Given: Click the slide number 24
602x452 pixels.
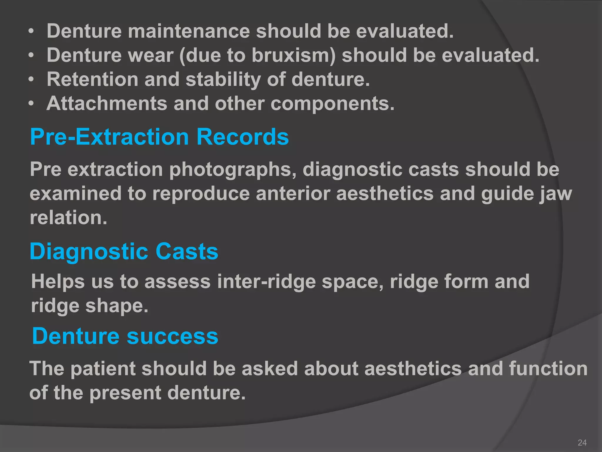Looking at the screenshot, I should point(582,443).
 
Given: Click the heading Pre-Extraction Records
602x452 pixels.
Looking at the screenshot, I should point(159,137).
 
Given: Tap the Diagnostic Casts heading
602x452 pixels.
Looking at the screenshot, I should point(124,251).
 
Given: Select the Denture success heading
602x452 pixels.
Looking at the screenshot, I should point(125,336).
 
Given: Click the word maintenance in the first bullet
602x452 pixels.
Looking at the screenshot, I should point(189,31).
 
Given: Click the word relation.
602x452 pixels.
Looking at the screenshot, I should point(68,218).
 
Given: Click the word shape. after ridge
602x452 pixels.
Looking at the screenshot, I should point(117,306).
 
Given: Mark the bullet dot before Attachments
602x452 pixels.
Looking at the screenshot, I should point(31,104).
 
